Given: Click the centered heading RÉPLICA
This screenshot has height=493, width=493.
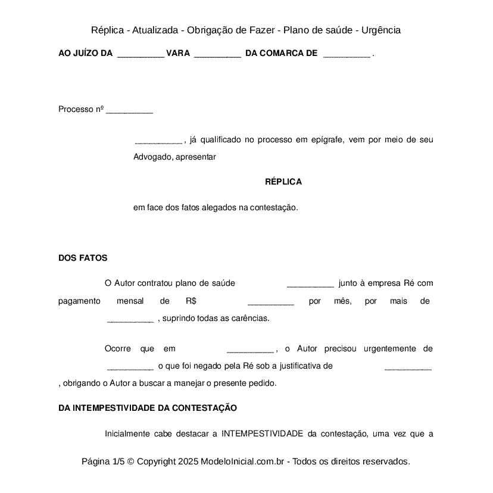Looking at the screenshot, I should click(x=283, y=182).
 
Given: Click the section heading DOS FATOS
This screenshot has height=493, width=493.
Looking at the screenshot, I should click(x=83, y=258).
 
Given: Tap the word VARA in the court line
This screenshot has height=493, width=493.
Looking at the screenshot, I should click(x=178, y=54).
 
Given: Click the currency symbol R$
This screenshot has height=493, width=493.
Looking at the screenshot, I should click(x=191, y=301).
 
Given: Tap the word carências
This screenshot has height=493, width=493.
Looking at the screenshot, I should click(x=250, y=318).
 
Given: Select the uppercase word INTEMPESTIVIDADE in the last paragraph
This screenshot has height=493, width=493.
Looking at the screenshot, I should click(x=262, y=434).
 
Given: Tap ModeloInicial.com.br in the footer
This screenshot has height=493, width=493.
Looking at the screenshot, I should click(x=245, y=461).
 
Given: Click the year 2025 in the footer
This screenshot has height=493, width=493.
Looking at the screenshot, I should click(x=188, y=461).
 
